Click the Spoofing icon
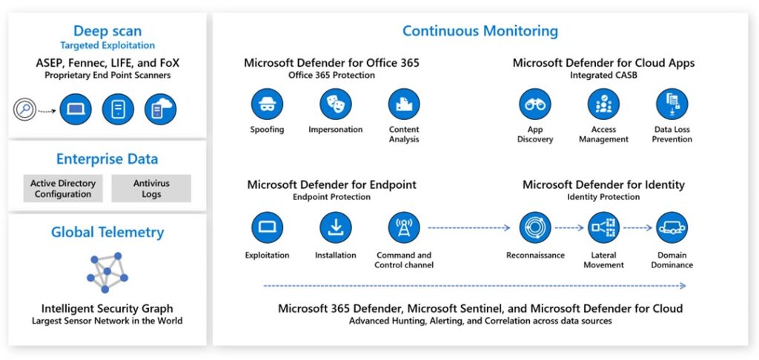(x=267, y=104)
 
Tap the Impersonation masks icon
(x=336, y=104)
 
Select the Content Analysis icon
(x=404, y=104)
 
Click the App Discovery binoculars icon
(x=535, y=104)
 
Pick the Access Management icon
(x=603, y=104)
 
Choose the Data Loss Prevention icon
(x=672, y=104)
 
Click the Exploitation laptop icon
(x=267, y=227)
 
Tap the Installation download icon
(x=336, y=227)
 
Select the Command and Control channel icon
(x=404, y=227)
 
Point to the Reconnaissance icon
(x=535, y=227)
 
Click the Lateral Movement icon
(x=603, y=227)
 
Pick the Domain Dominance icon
(x=672, y=227)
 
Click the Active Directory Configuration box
(x=63, y=189)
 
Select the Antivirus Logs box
(x=151, y=189)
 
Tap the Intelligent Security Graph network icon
(x=107, y=272)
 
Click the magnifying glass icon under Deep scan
(x=25, y=110)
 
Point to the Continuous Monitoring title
(x=480, y=31)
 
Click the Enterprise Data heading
(x=107, y=159)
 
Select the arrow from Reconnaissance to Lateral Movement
(x=569, y=228)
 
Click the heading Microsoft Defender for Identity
(x=603, y=184)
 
